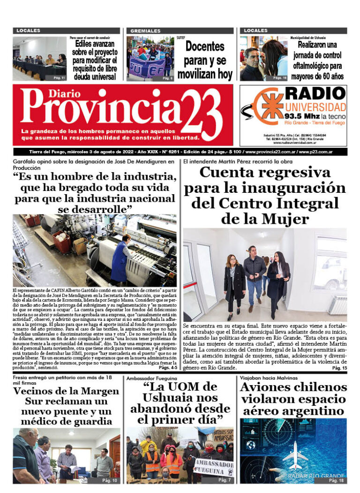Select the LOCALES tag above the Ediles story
tap(28, 30)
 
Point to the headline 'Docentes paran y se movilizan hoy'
tap(204, 60)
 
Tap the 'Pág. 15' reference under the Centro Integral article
tap(339, 369)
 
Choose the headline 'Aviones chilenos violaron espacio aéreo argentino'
tap(293, 400)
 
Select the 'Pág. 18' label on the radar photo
tap(336, 481)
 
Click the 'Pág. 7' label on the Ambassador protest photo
tap(224, 481)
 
